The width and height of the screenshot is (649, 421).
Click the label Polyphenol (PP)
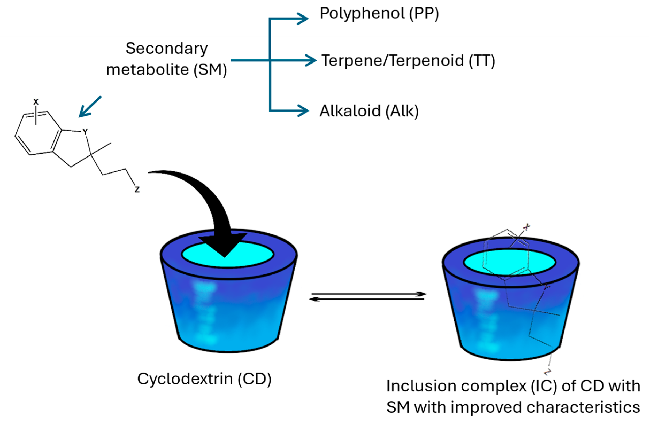pyautogui.click(x=379, y=14)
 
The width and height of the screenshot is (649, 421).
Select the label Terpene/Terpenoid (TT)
pyautogui.click(x=408, y=60)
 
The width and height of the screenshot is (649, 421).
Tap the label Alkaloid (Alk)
pyautogui.click(x=369, y=111)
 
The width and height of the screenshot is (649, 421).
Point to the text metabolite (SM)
pyautogui.click(x=166, y=70)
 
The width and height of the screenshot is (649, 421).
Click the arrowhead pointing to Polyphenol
pyautogui.click(x=303, y=19)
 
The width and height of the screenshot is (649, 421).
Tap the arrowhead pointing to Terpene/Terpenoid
pyautogui.click(x=311, y=60)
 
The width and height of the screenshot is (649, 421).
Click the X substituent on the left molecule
pyautogui.click(x=36, y=102)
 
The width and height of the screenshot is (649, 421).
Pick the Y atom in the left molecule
pyautogui.click(x=85, y=132)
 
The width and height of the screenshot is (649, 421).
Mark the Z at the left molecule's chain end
pyautogui.click(x=137, y=189)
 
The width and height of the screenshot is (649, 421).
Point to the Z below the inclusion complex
pyautogui.click(x=548, y=371)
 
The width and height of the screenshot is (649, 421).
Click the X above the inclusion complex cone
pyautogui.click(x=527, y=227)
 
